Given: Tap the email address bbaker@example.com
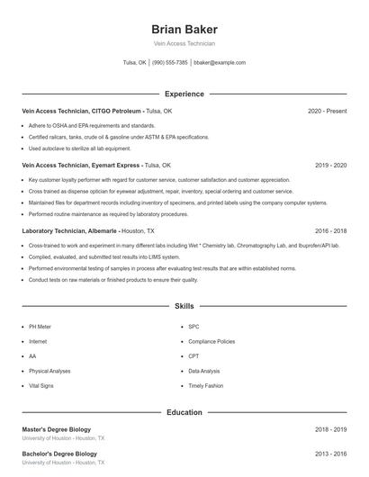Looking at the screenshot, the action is pyautogui.click(x=220, y=63).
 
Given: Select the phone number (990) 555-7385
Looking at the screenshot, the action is pyautogui.click(x=170, y=63).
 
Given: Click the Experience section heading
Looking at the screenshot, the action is pyautogui.click(x=184, y=94).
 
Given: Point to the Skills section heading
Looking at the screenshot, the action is pyautogui.click(x=184, y=307).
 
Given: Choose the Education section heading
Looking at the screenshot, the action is pyautogui.click(x=184, y=412).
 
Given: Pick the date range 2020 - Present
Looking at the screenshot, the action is pyautogui.click(x=327, y=111).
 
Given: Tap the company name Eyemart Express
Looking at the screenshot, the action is pyautogui.click(x=116, y=166).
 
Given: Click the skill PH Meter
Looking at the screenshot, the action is pyautogui.click(x=40, y=327).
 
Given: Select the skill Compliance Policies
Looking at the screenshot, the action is pyautogui.click(x=211, y=342).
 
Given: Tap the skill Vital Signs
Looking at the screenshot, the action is pyautogui.click(x=41, y=385).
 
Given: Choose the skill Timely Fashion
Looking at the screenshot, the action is pyautogui.click(x=206, y=385).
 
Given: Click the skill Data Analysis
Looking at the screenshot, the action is pyautogui.click(x=204, y=371).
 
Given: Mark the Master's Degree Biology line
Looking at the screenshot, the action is pyautogui.click(x=56, y=430).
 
